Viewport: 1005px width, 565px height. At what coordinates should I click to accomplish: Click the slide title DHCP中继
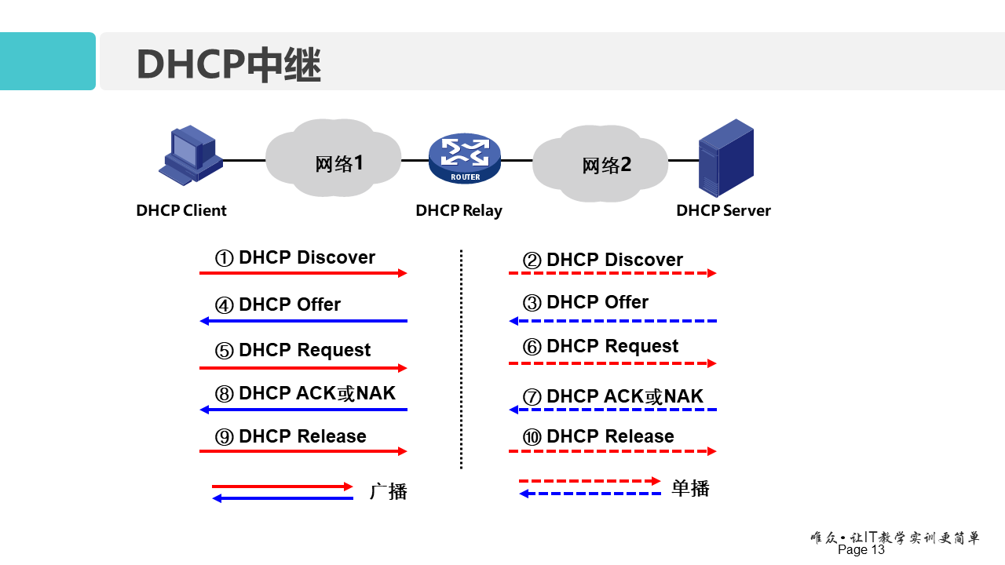228,64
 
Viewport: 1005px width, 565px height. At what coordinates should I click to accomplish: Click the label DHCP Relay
459,210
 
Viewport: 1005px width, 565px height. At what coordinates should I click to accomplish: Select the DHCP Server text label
723,210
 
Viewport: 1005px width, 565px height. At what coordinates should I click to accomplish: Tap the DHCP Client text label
181,210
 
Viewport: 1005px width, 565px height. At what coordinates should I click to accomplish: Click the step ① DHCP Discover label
295,257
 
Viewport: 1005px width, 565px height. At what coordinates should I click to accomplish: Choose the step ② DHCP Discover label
603,260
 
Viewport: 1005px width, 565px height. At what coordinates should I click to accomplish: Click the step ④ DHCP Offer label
278,304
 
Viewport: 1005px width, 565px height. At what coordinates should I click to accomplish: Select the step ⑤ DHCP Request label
293,350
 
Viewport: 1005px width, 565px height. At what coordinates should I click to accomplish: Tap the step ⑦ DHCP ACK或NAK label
613,396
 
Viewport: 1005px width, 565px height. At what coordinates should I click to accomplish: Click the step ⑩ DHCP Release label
599,436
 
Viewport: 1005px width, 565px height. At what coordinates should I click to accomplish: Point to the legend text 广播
389,492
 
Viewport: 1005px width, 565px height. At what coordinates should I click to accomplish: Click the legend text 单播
691,488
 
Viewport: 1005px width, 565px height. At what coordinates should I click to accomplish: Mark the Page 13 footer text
861,550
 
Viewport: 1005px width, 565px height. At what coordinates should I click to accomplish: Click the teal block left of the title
47,61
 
